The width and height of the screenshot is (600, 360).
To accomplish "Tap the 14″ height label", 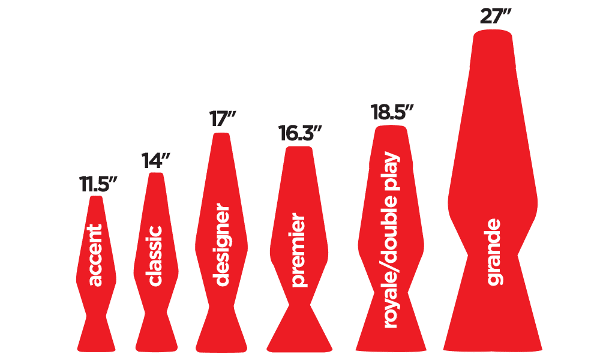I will [x=156, y=161].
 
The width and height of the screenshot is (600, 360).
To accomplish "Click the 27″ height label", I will [x=495, y=17].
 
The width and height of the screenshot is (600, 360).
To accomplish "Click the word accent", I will [x=96, y=255].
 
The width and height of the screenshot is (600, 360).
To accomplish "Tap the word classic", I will [x=155, y=256].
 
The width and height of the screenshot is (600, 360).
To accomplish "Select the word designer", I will [x=221, y=246].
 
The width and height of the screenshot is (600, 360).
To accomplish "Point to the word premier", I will [x=299, y=251].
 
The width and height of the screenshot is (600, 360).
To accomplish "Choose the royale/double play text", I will [x=391, y=240].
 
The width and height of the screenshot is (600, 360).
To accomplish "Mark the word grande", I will [x=494, y=252].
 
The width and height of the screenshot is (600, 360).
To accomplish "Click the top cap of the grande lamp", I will [x=493, y=36].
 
